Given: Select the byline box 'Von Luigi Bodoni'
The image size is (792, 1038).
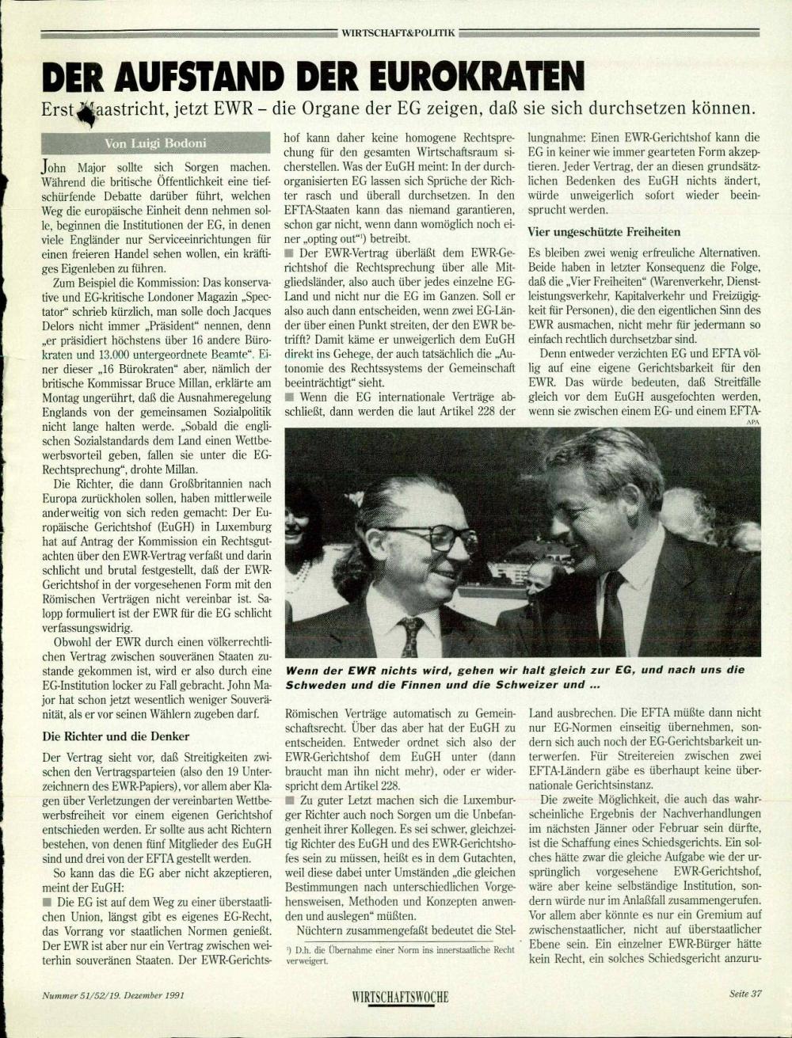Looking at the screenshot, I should click(155, 143).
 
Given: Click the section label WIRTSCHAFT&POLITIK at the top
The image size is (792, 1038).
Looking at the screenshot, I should click(398, 32).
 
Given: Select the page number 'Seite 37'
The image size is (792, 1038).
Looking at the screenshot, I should click(745, 994).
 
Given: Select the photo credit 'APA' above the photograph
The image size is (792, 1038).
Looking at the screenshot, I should click(752, 423).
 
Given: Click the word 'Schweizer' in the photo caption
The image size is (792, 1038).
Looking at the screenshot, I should click(512, 684).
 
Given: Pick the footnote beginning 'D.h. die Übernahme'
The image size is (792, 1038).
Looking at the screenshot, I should click(400, 954).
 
